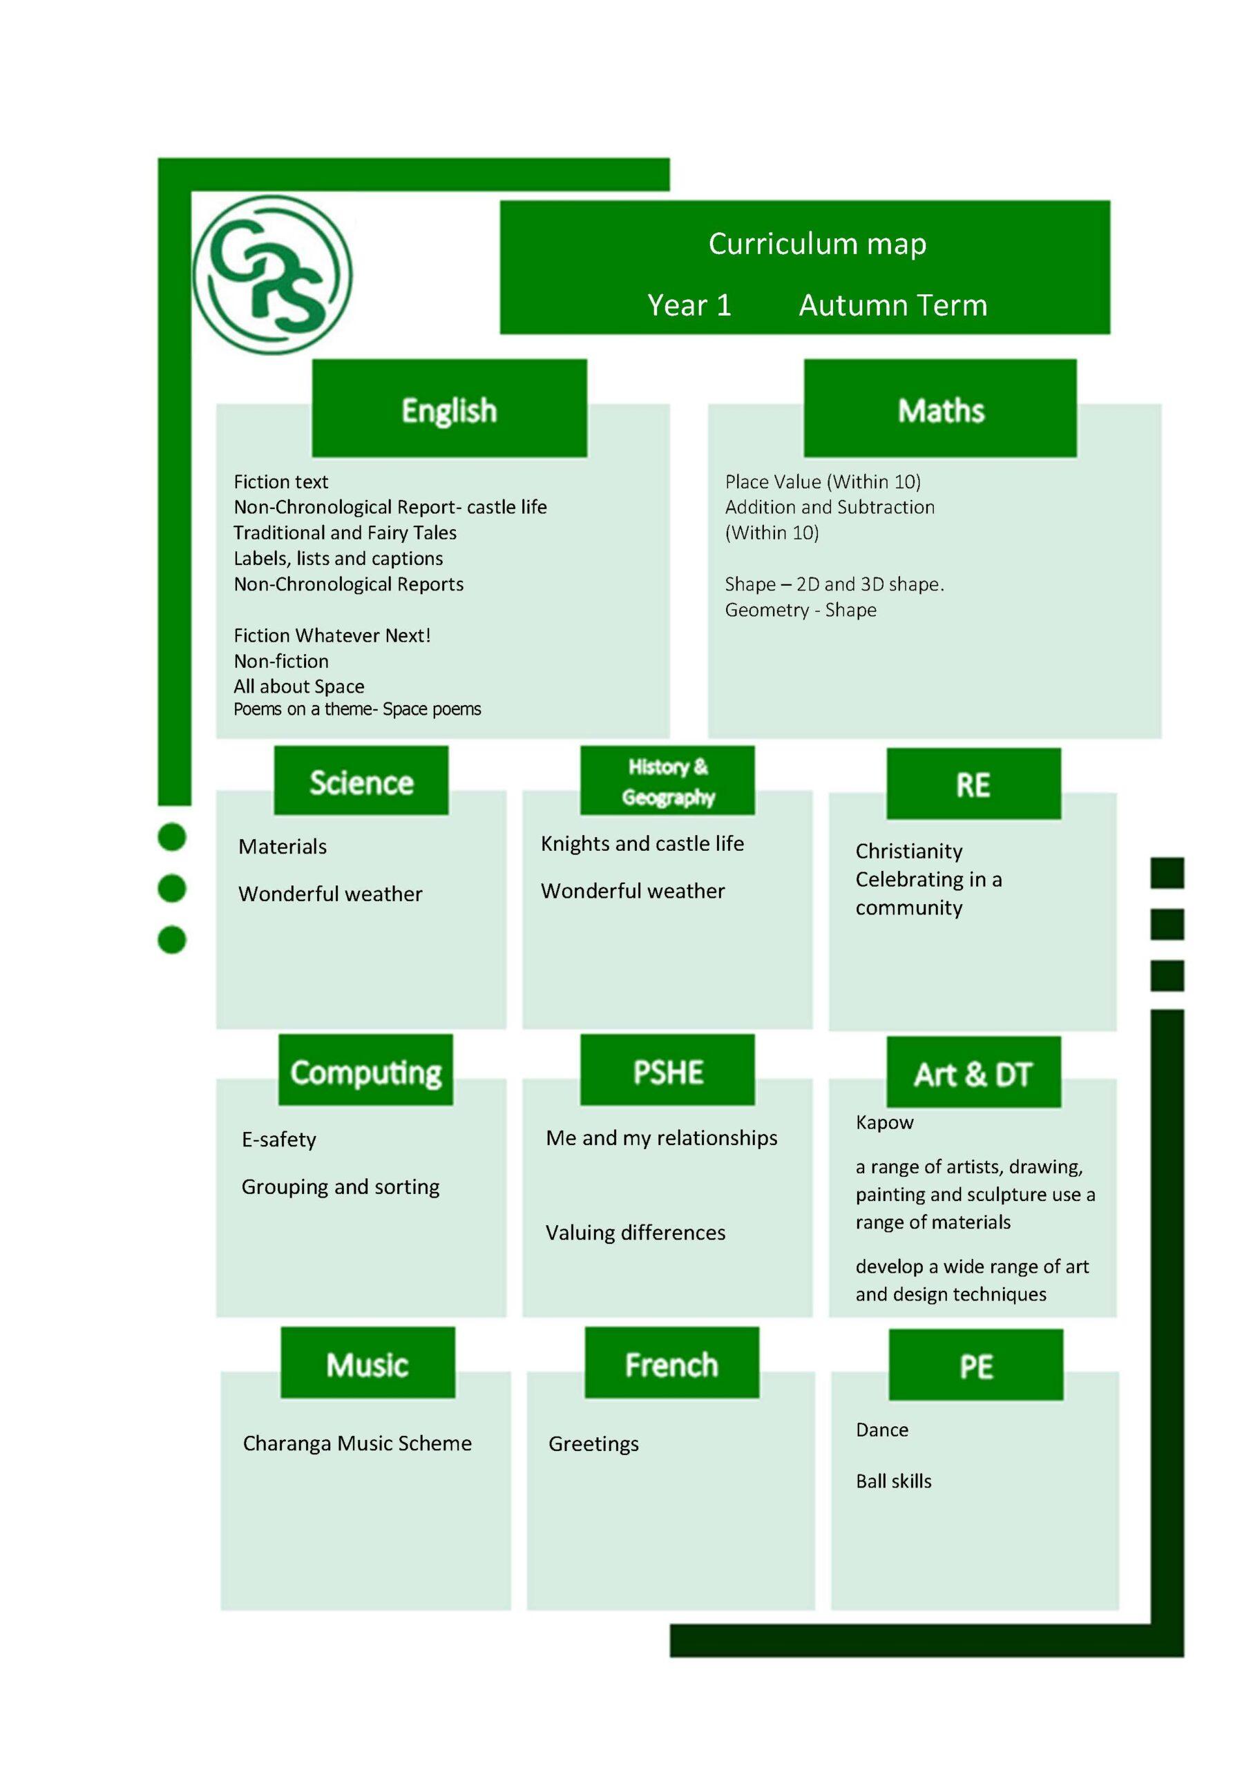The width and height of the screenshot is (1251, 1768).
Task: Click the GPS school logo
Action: [272, 275]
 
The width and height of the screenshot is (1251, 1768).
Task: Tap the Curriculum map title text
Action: [817, 244]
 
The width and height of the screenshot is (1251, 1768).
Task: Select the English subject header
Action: [449, 409]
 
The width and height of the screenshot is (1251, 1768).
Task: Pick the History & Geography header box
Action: [667, 781]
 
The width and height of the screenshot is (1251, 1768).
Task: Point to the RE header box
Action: [973, 784]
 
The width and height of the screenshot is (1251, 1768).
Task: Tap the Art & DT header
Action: [973, 1073]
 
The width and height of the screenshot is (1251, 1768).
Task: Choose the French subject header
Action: [671, 1365]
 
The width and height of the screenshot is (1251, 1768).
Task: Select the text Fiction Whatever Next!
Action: [332, 635]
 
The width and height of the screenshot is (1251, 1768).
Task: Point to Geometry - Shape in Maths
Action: [801, 610]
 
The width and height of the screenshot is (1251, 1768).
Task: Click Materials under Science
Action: [283, 847]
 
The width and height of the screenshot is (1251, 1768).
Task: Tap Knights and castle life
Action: [642, 844]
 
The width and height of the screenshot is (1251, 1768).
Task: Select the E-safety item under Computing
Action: [279, 1140]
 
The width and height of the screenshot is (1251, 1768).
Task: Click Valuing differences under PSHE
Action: [635, 1233]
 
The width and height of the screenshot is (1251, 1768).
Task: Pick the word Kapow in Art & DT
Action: [884, 1123]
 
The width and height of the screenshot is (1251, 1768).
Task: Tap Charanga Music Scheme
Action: [356, 1443]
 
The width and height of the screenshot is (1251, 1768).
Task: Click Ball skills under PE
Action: [894, 1481]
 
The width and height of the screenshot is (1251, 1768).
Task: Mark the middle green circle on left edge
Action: [172, 889]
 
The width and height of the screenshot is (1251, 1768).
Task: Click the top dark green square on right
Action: [1167, 872]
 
